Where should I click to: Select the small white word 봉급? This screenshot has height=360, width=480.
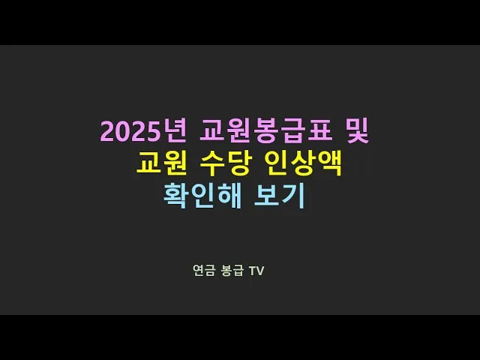(x=232, y=271)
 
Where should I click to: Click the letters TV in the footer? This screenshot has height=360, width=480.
(x=257, y=271)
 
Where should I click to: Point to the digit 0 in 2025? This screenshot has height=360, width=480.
(x=122, y=132)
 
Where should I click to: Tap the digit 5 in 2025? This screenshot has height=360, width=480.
(x=152, y=132)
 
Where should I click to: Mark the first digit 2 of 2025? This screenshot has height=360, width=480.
(x=107, y=132)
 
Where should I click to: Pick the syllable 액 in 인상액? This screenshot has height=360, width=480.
(x=331, y=163)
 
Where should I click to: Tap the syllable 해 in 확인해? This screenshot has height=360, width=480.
(x=227, y=195)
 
